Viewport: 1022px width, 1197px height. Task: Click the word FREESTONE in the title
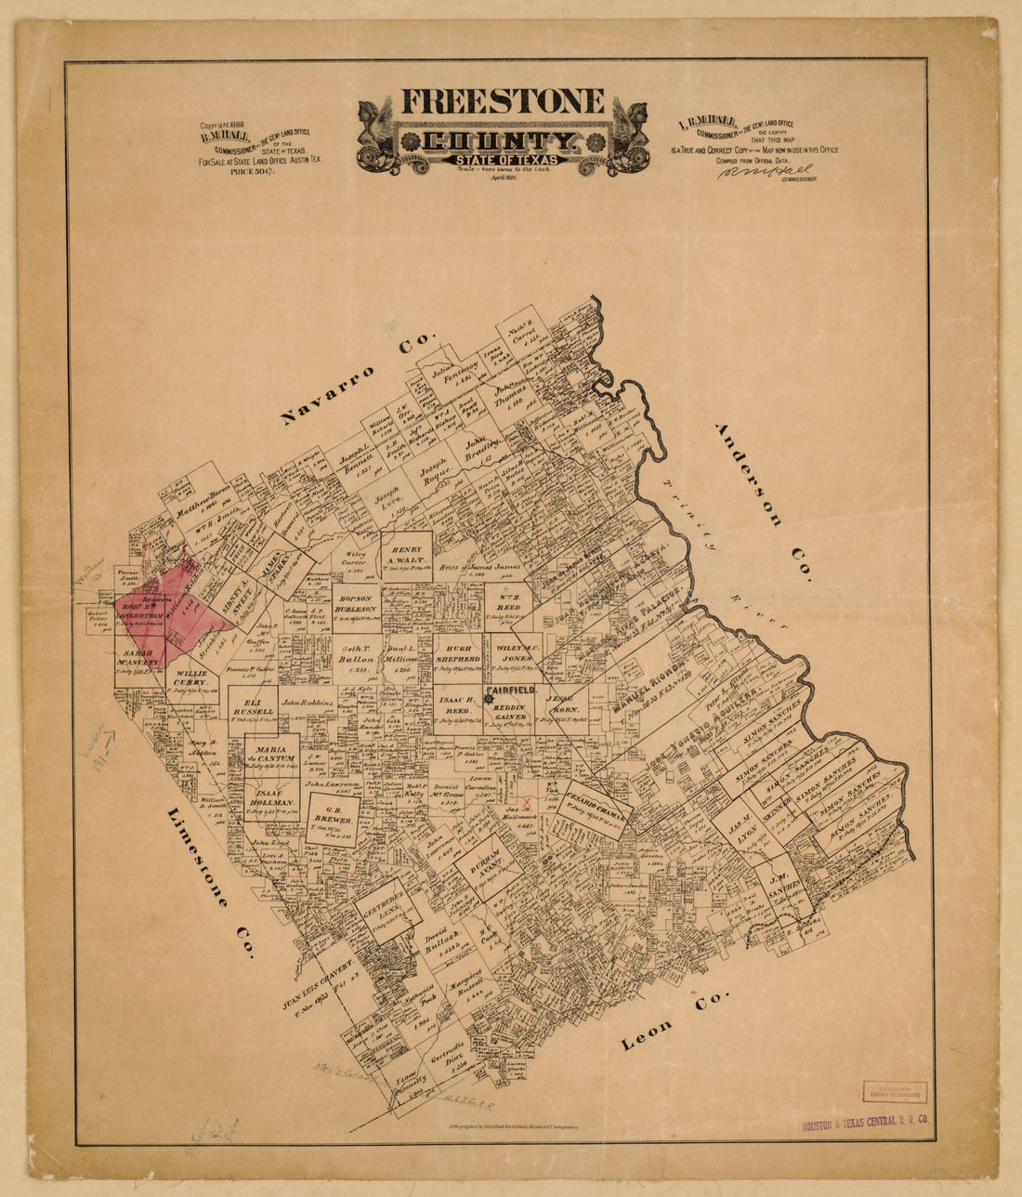point(502,100)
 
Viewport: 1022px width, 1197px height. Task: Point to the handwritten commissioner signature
point(765,171)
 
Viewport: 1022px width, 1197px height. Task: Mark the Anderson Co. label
point(761,502)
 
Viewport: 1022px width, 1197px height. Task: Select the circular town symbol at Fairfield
point(488,700)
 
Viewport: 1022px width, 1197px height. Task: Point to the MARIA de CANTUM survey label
point(272,754)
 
